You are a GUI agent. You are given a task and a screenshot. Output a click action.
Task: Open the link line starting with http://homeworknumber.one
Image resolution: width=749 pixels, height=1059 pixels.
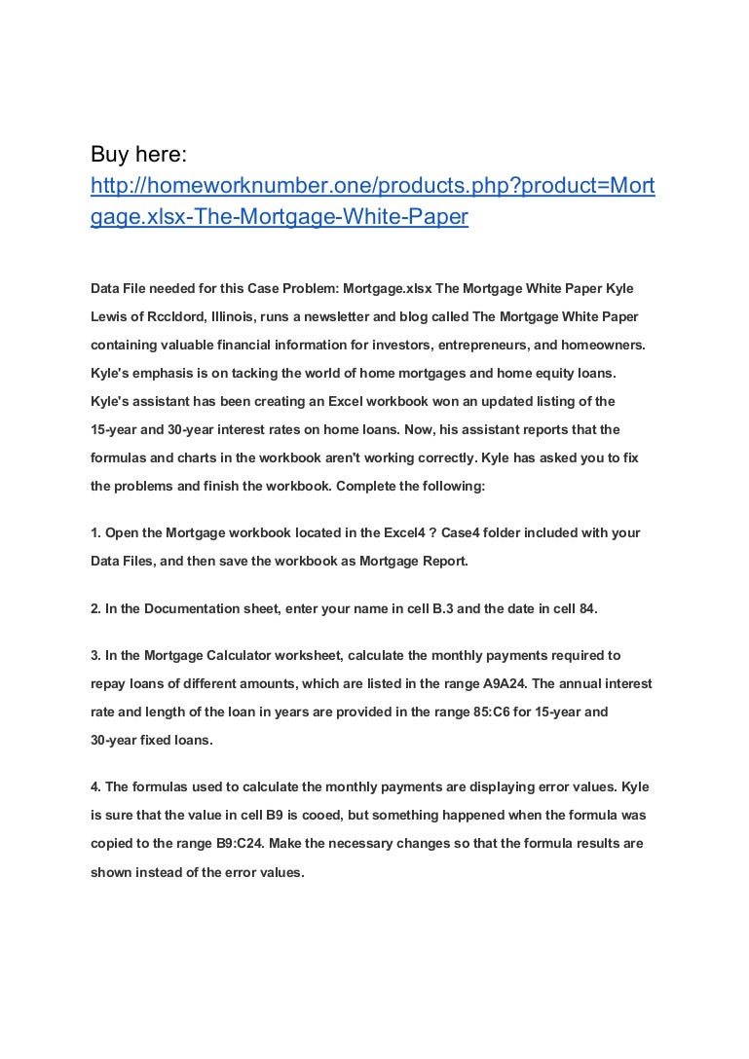point(372,186)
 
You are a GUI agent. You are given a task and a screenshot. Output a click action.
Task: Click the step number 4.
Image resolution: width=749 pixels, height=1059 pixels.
point(95,787)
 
